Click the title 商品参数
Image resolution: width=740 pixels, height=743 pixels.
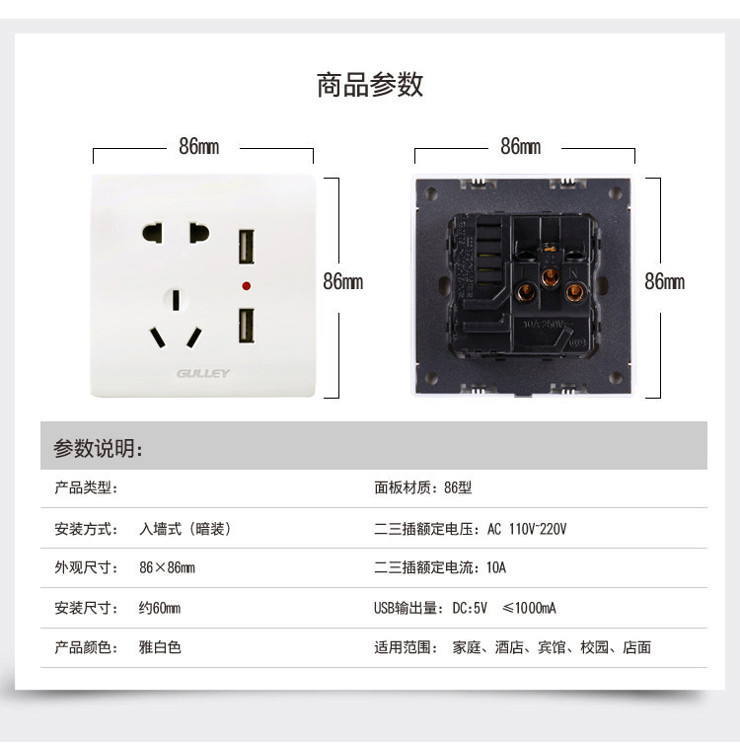point(370,85)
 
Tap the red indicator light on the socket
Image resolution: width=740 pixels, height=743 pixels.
point(244,287)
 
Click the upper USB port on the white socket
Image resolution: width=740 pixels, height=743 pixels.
point(244,248)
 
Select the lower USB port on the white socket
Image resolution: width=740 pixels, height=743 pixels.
point(244,326)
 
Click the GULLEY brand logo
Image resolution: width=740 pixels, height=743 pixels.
point(203,373)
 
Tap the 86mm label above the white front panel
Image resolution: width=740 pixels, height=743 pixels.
point(200,147)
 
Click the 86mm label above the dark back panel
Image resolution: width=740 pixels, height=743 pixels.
point(521,147)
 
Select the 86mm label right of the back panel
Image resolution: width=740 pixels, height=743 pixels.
point(664,282)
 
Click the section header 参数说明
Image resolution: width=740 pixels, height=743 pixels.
point(98,449)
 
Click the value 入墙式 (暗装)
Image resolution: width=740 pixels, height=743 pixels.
point(185,529)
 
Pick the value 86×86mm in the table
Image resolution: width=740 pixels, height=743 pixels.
point(167,568)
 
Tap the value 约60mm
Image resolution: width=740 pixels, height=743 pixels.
point(159,608)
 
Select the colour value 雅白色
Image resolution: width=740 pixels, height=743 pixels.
point(160,647)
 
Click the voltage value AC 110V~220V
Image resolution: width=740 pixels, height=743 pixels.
point(527,529)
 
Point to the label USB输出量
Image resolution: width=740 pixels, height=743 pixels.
point(408,608)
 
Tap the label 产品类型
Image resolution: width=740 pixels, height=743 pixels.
point(87,488)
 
